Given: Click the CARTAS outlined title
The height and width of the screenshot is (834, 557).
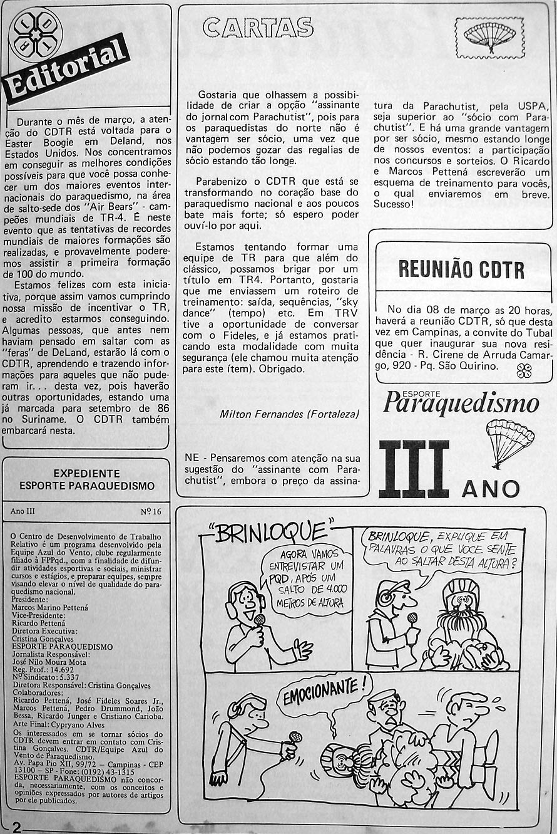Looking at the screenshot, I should tap(258, 28).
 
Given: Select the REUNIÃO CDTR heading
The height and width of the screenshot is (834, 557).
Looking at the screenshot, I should tap(461, 269).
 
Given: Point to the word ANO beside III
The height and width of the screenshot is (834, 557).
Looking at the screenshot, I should tap(491, 488).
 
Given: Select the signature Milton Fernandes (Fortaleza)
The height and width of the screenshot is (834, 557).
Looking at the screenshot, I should tap(289, 414).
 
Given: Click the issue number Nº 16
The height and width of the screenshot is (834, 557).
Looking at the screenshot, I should tap(151, 511).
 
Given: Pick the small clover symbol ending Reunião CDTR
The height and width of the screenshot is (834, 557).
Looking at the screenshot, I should tap(524, 372).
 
